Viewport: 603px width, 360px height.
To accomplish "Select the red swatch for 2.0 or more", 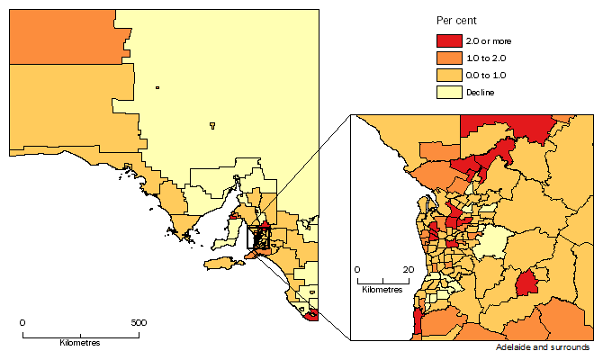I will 447,40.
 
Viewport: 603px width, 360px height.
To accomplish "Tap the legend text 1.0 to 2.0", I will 485,58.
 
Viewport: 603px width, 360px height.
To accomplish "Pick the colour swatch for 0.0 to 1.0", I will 447,75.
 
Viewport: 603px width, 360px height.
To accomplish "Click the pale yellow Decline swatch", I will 447,92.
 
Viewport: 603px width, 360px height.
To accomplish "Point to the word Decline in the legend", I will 481,92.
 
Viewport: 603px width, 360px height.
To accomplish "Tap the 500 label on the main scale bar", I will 139,322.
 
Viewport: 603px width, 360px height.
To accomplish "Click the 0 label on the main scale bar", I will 22,322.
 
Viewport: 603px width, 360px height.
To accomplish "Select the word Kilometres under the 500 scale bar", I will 80,344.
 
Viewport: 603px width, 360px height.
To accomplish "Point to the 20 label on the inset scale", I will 409,269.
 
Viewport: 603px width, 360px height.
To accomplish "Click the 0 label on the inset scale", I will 357,269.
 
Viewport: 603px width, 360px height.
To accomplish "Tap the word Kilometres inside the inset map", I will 382,290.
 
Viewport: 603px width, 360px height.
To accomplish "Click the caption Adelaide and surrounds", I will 543,347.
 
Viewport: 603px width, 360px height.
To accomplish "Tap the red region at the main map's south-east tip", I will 312,314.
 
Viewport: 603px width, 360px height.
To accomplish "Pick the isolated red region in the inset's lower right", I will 527,283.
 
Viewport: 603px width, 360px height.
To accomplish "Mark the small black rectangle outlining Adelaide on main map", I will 258,237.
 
